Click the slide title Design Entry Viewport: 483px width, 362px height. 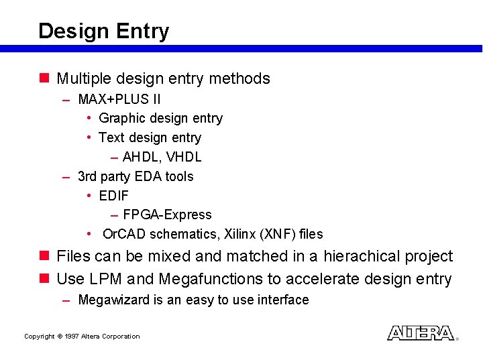click(103, 31)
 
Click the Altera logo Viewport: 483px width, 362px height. click(421, 333)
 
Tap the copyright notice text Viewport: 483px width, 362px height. click(82, 337)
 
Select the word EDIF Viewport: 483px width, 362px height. click(113, 196)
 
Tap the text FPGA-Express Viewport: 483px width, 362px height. click(167, 215)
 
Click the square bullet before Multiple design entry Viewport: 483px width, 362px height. click(44, 78)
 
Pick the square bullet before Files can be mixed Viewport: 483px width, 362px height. click(44, 256)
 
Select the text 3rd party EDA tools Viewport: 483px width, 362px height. click(136, 177)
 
